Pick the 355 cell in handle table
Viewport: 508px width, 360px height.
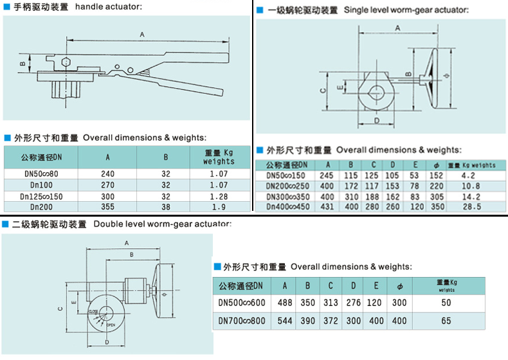(x=107, y=206)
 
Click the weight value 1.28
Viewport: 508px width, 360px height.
(x=219, y=195)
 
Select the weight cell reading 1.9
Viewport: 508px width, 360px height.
(x=219, y=206)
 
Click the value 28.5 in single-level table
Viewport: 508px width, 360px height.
(x=471, y=206)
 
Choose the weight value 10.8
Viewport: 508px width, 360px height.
(x=471, y=185)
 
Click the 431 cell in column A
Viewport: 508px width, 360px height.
(x=327, y=206)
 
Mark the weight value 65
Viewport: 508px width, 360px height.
(x=446, y=320)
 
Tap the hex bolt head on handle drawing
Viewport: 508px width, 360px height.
(x=66, y=63)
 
